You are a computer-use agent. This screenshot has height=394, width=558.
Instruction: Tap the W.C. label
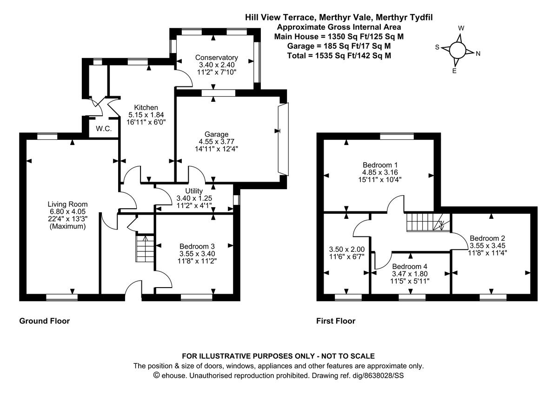[x=104, y=129]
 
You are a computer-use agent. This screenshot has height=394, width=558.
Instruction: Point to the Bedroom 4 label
[x=409, y=267]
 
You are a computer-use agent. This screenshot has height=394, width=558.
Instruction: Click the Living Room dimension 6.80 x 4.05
[x=67, y=211]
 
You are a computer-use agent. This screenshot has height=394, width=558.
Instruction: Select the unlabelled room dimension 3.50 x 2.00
[x=344, y=249]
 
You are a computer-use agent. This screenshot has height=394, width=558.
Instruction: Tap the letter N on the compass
[x=478, y=53]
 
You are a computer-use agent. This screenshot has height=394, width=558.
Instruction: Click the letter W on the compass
[x=461, y=28]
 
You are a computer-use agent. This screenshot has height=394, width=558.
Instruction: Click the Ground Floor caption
[x=44, y=321]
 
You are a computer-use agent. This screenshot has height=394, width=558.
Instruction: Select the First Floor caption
[x=336, y=321]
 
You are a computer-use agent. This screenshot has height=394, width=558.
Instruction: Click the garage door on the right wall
[x=283, y=138]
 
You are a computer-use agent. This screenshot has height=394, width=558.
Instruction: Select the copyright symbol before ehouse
[x=157, y=375]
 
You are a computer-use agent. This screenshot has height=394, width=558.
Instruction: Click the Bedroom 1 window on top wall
[x=397, y=136]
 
